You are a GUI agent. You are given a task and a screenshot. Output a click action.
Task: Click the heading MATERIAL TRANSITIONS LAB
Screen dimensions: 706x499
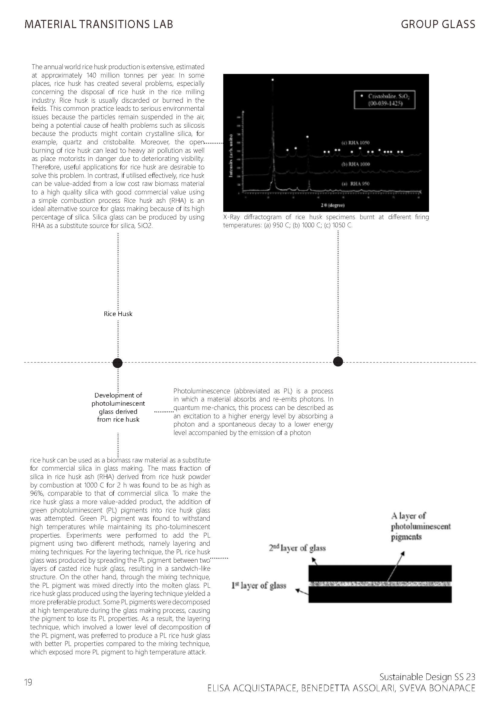(99, 24)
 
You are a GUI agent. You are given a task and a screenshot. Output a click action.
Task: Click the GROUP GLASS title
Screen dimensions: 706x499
(438, 24)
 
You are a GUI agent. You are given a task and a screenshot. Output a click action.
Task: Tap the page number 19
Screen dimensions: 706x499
(28, 683)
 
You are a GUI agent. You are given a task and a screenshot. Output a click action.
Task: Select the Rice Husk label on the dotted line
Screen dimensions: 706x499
(118, 314)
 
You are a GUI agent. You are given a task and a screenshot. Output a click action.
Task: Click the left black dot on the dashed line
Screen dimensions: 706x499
(118, 363)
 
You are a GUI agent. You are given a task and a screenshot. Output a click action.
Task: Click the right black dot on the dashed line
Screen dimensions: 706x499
(338, 362)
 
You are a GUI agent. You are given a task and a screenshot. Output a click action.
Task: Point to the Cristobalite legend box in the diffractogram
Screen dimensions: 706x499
(384, 100)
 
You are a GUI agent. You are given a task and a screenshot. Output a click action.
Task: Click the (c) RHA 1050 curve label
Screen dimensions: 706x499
(356, 143)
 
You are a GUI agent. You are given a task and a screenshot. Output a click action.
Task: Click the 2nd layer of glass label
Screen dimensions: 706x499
(297, 548)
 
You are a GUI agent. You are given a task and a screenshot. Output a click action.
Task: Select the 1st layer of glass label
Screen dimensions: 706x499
(259, 586)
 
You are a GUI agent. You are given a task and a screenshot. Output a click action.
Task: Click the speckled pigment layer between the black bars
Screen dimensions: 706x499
(380, 583)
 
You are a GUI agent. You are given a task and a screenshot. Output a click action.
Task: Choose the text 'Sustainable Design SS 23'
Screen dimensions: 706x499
(427, 677)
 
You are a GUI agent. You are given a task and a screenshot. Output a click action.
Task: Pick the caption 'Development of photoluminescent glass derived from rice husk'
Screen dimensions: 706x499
(118, 407)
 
